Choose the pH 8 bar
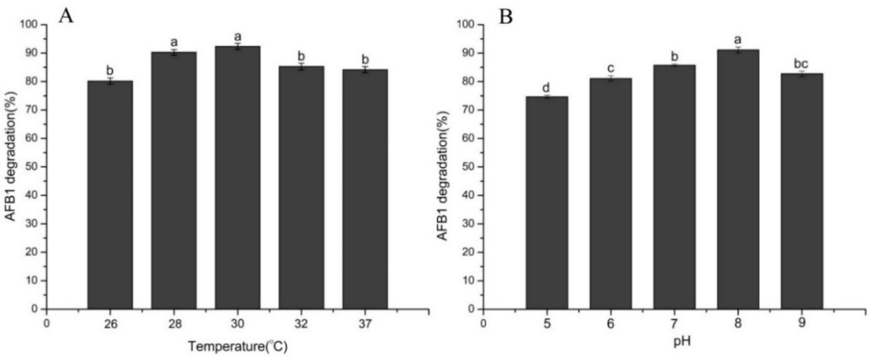(738, 179)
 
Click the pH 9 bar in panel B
(802, 191)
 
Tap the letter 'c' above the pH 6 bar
(610, 69)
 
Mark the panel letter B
(506, 17)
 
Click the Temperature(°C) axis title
(238, 347)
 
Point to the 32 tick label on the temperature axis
(301, 324)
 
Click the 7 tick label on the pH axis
(674, 324)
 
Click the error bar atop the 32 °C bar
(301, 67)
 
